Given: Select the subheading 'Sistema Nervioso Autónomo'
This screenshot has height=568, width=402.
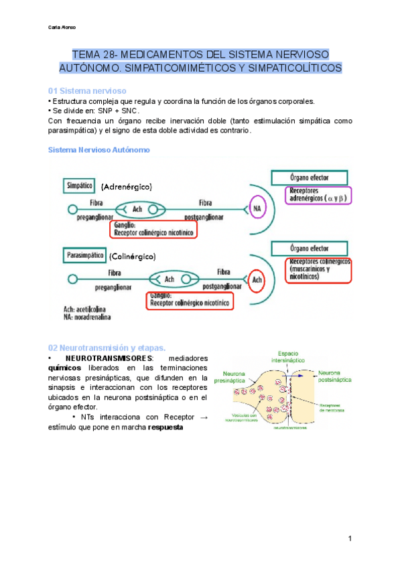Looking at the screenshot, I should [x=99, y=149].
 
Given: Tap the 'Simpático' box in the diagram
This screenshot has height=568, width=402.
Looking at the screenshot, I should [x=80, y=184].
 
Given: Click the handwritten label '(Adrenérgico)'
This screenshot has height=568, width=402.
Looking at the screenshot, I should [x=127, y=186].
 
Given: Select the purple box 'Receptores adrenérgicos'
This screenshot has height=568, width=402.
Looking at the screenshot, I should [x=319, y=194].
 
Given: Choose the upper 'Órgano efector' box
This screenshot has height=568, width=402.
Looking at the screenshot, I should [x=308, y=177].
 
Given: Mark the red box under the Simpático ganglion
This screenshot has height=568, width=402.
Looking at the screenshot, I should [x=153, y=229].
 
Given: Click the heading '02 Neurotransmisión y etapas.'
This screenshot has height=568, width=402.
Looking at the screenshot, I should [x=107, y=348].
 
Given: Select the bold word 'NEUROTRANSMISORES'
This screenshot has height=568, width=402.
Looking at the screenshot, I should [x=106, y=358].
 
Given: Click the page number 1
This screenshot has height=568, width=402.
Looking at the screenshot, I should [x=350, y=539].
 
